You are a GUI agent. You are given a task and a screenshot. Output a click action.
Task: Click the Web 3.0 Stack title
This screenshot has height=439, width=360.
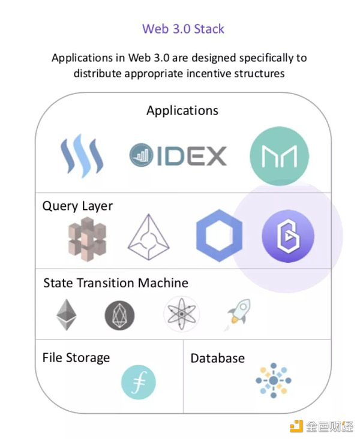183,28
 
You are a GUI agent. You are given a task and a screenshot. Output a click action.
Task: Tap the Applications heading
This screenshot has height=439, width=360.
182,110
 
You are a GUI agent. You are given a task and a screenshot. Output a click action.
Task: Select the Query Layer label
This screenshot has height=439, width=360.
77,206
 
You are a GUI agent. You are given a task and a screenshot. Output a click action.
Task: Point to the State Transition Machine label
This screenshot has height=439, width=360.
116,282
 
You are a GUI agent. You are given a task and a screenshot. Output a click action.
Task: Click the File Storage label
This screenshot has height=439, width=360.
76,357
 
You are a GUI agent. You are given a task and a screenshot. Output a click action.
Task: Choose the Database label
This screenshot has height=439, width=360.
217,358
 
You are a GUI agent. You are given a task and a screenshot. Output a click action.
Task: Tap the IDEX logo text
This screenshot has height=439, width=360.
178,155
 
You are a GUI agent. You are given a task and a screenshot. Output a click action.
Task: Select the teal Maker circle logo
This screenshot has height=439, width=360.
279,156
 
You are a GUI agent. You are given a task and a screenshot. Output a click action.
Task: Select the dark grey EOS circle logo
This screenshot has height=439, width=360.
119,315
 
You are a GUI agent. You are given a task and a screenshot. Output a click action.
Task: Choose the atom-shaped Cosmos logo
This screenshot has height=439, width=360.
181,314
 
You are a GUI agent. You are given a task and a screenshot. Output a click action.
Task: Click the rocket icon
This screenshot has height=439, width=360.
239,314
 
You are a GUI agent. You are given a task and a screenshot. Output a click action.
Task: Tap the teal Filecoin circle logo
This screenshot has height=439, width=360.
139,381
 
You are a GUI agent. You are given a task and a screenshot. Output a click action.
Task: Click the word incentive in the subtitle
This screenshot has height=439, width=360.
196,74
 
